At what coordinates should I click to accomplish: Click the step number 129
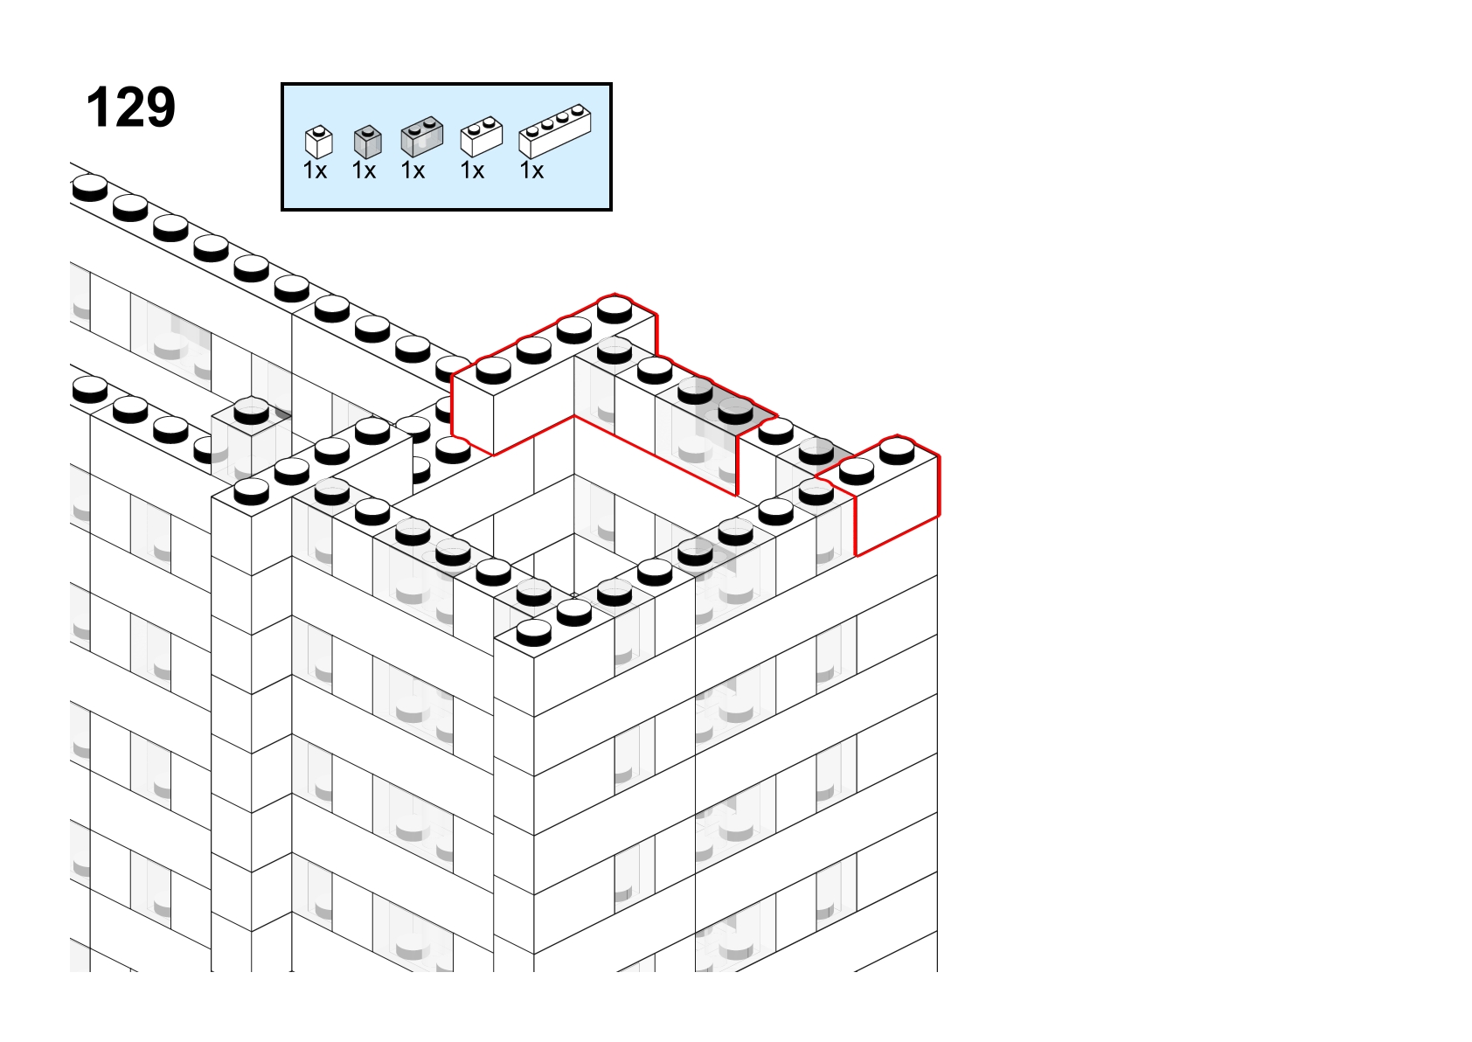click(x=131, y=108)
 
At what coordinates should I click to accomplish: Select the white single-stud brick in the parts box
click(x=319, y=142)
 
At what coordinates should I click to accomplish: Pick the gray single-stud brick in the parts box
click(x=367, y=142)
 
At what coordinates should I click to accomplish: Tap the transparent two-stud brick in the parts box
click(x=422, y=136)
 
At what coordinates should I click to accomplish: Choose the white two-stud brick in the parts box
click(x=482, y=136)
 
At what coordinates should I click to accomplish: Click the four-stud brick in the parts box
click(x=555, y=131)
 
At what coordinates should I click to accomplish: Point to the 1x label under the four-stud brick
click(x=531, y=170)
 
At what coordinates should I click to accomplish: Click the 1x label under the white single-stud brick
click(x=315, y=170)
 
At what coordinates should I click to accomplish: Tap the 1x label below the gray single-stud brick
click(x=364, y=170)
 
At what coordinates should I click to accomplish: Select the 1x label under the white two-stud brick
click(x=472, y=170)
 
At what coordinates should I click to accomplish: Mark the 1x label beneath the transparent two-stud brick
click(x=413, y=170)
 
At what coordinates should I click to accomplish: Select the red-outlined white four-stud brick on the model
click(x=554, y=374)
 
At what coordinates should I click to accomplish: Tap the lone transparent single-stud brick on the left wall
click(x=251, y=437)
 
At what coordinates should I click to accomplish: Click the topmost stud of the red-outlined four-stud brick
click(x=614, y=309)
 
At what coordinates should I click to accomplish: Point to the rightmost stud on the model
click(x=897, y=451)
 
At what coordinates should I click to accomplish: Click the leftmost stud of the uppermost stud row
click(x=90, y=188)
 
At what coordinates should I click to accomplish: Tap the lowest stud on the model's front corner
click(x=533, y=633)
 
